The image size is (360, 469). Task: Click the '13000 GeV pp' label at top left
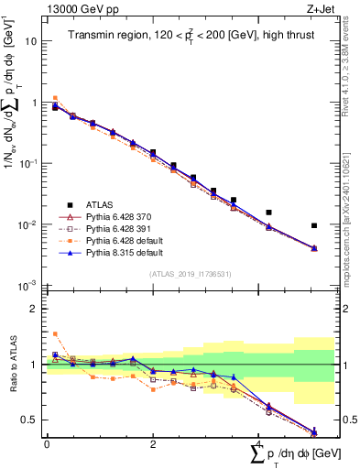point(77,9)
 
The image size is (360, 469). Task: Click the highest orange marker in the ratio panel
point(55,334)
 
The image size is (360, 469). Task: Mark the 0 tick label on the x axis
point(46,443)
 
